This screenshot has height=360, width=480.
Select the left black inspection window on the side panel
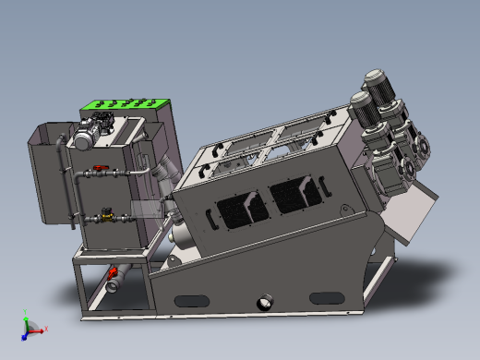(242, 209)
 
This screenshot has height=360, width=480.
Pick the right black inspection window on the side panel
(296, 195)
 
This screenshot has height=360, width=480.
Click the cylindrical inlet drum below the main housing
(184, 241)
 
